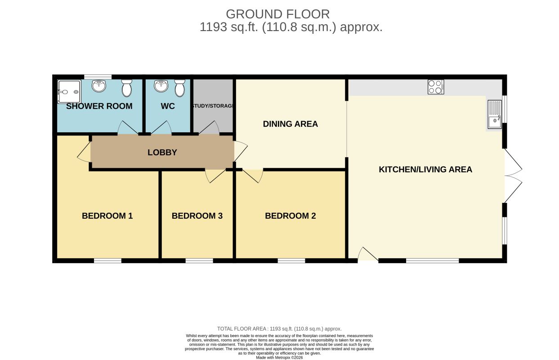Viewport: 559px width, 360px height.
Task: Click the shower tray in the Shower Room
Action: [69, 92]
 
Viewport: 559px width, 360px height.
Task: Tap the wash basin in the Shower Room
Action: [99, 85]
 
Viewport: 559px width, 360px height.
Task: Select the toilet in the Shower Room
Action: [127, 88]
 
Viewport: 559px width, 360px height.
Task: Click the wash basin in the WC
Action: [161, 85]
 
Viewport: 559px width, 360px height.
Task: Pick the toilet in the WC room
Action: [180, 88]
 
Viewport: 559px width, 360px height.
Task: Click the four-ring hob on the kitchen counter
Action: [436, 87]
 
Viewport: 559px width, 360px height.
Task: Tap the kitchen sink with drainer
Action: [495, 114]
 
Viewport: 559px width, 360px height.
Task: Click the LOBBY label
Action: [162, 152]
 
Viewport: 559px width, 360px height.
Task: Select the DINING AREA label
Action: [291, 124]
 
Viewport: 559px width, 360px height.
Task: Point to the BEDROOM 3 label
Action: [197, 216]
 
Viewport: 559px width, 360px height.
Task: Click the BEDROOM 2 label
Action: [291, 216]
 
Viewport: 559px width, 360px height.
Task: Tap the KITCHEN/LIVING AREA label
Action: [425, 170]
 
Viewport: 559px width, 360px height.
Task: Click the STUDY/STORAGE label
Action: [213, 106]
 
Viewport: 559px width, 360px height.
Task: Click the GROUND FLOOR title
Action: [278, 14]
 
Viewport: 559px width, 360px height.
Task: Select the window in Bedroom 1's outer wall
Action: [107, 261]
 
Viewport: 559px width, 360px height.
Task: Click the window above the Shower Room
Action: [98, 76]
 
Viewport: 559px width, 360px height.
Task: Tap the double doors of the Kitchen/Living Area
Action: [513, 176]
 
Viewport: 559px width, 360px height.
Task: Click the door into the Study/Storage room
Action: [209, 128]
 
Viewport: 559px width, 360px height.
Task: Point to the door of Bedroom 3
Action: [215, 176]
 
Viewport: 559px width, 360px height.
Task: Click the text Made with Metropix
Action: [279, 357]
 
